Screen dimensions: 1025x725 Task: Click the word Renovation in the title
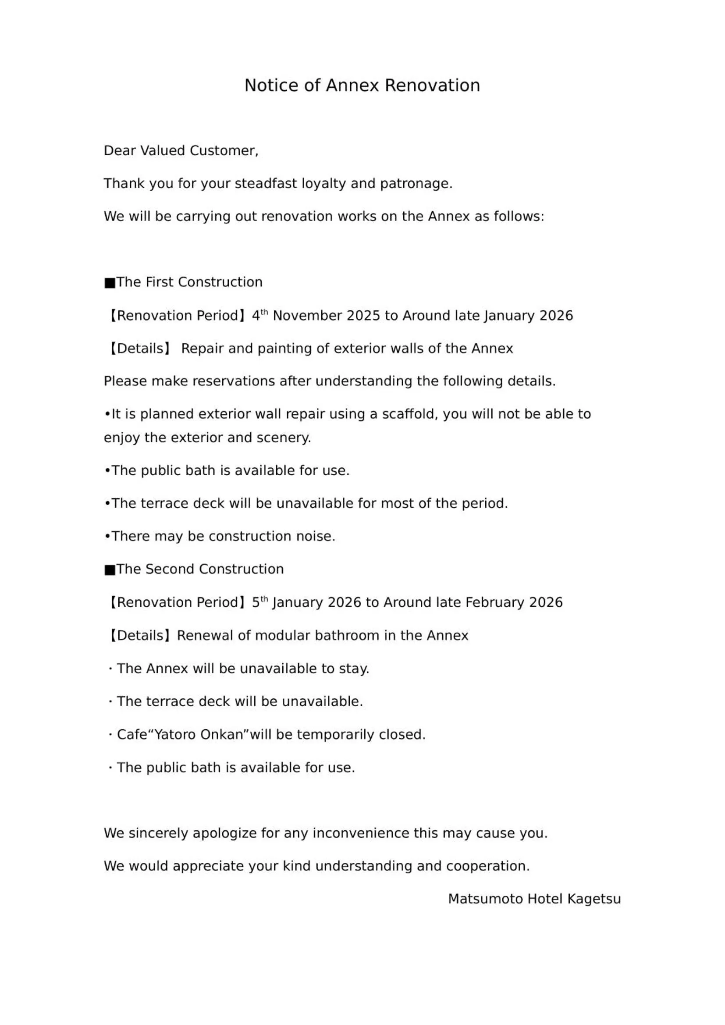432,85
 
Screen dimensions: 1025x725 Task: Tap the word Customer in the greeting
223,150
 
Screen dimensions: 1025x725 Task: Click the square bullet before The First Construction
110,283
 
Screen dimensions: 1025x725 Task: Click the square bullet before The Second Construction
110,570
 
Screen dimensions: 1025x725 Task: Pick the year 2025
363,316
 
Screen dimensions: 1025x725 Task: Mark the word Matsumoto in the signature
485,899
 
